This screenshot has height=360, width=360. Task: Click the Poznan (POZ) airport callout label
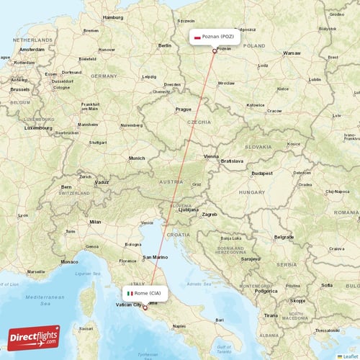(213, 36)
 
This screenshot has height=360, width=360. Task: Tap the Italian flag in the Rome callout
(130, 293)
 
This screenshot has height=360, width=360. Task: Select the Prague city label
(182, 109)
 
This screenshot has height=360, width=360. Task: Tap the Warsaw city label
(292, 53)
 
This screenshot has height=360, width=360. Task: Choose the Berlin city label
(164, 45)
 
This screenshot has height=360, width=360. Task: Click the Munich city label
(136, 158)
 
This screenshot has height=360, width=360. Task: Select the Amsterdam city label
(32, 49)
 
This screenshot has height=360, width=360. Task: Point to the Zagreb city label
(210, 214)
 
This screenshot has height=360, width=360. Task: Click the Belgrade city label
(284, 237)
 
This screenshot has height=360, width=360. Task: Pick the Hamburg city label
(113, 17)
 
